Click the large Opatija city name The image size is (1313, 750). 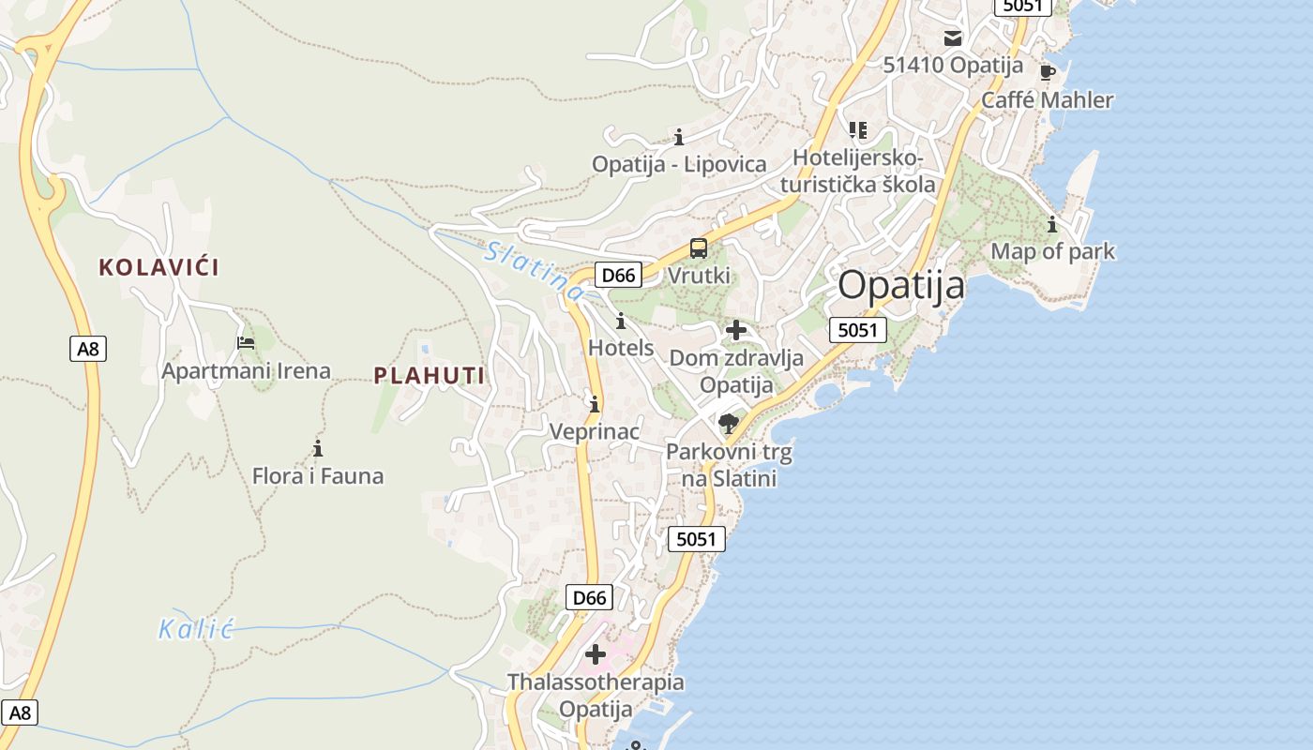[900, 285]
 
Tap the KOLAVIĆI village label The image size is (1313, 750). [159, 267]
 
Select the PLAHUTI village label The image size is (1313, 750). [430, 376]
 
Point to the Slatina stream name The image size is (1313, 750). [533, 270]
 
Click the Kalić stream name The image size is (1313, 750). [195, 629]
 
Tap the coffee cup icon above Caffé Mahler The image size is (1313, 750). [1048, 72]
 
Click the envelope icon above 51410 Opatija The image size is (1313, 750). [953, 38]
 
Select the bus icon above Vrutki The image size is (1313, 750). [699, 248]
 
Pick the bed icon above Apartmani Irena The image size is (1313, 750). [246, 343]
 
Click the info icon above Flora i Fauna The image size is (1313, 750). [318, 448]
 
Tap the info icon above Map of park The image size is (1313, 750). [1052, 224]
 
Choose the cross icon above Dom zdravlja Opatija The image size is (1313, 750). [736, 330]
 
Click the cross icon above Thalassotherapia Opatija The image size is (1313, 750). [596, 654]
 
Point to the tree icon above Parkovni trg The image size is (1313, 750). [728, 424]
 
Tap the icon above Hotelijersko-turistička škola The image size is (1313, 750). [858, 129]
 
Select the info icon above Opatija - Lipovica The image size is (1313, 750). [679, 137]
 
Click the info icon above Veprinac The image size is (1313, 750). [595, 404]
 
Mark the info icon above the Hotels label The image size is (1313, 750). [620, 321]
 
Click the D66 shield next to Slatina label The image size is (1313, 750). [618, 275]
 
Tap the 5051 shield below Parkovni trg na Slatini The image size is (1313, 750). [696, 539]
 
